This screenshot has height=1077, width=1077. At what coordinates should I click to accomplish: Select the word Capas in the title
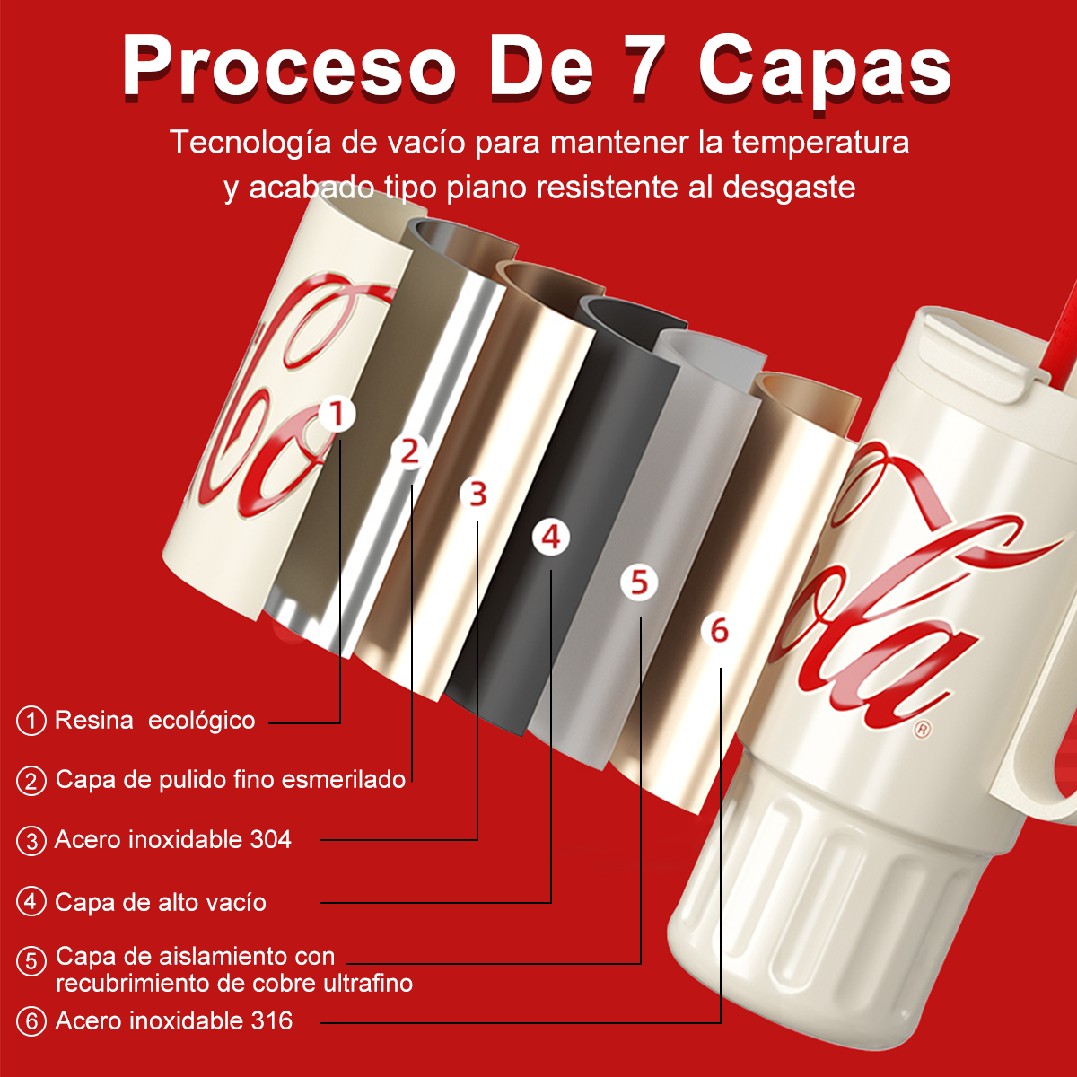[x=825, y=70]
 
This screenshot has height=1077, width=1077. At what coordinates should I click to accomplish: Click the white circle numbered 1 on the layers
[x=337, y=415]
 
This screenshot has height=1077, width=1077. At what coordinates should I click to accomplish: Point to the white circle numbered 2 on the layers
[x=409, y=451]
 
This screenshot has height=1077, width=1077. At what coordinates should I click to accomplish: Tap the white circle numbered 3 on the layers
[x=477, y=495]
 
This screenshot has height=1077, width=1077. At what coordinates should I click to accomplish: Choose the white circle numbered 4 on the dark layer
[x=551, y=538]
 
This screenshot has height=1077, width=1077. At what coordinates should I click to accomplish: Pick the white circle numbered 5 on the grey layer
[x=639, y=583]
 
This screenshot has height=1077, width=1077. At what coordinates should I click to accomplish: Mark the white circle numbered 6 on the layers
[x=720, y=631]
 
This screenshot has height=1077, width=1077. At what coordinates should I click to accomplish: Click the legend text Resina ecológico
[x=154, y=721]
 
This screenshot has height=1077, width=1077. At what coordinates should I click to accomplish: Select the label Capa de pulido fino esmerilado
[x=231, y=779]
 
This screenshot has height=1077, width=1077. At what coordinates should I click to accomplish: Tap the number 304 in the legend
[x=270, y=839]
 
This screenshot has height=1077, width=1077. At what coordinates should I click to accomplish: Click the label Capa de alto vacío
[x=161, y=902]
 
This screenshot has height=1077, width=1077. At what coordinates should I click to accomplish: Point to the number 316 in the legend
[x=272, y=1020]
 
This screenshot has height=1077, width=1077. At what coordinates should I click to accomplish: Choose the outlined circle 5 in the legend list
[x=31, y=961]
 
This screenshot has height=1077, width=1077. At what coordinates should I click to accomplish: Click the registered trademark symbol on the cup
[x=923, y=729]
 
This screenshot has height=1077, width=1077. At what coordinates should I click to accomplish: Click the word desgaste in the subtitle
[x=789, y=188]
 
